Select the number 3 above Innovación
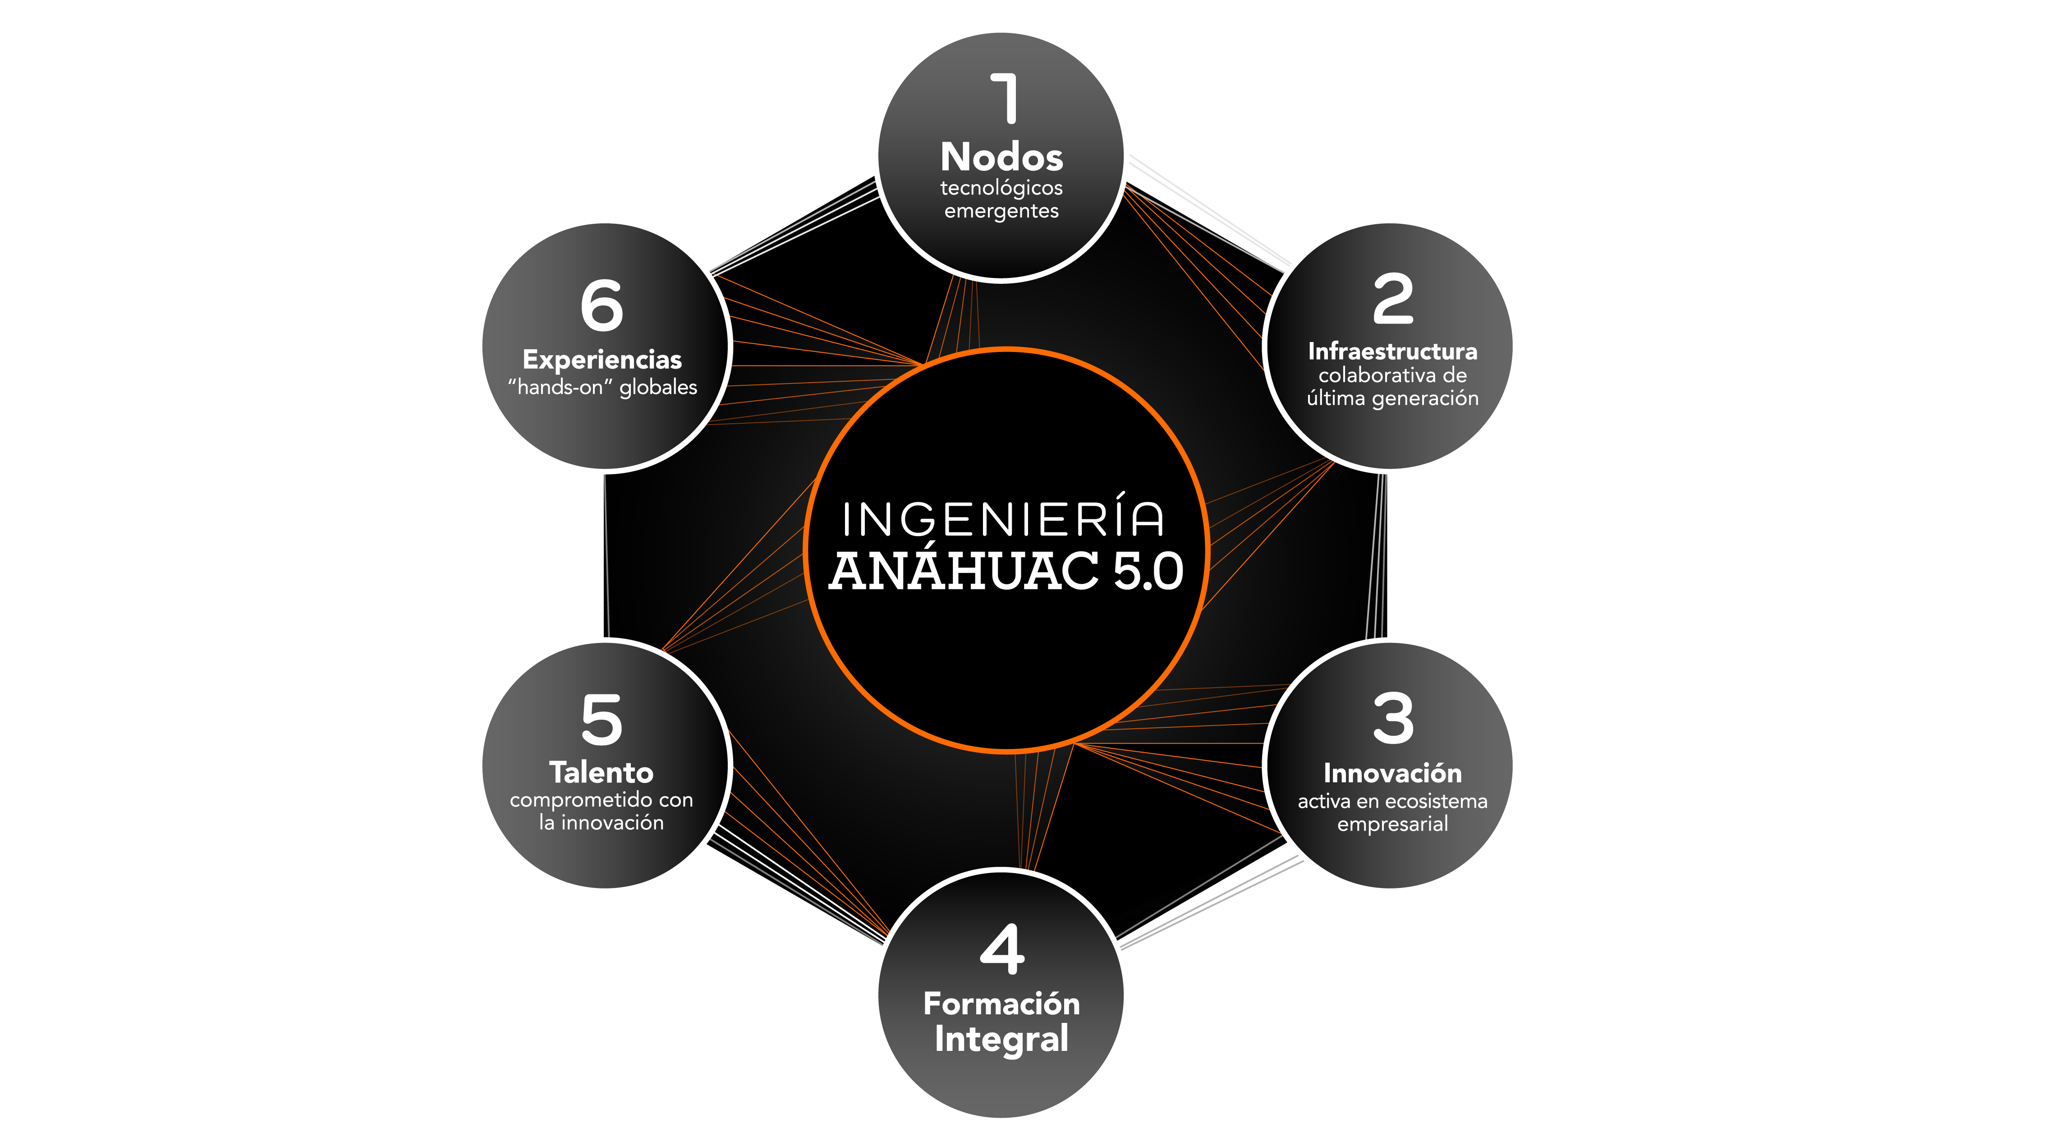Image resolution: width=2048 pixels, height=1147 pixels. (1393, 719)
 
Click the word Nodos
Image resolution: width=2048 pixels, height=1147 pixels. (1002, 157)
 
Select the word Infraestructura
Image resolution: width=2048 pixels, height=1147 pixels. (1393, 351)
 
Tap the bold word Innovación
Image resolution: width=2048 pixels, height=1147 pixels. (1393, 773)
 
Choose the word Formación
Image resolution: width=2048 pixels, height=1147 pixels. (1002, 1004)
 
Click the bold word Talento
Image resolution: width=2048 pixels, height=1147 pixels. (602, 772)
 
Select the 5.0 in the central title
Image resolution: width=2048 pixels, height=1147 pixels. (1148, 571)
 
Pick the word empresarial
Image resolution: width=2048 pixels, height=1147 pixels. (1393, 824)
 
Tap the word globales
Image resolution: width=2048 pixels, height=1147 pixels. (658, 387)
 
